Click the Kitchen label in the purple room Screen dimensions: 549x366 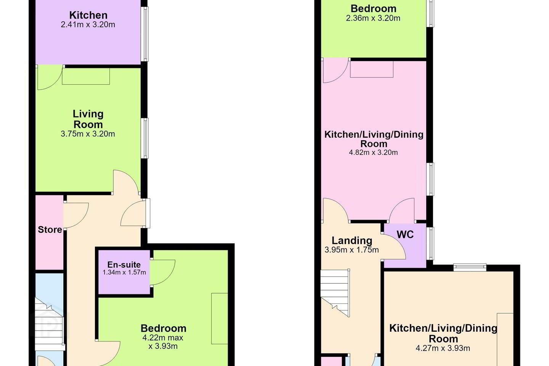[88, 15]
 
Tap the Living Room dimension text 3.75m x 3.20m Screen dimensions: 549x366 [88, 134]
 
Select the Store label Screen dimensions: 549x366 [50, 230]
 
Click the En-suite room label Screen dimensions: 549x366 [124, 265]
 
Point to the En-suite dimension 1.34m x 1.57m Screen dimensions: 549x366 [124, 272]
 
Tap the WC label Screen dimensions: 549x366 [405, 234]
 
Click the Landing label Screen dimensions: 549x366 [352, 241]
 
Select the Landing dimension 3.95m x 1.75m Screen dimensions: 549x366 [352, 250]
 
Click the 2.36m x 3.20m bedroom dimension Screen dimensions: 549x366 [373, 18]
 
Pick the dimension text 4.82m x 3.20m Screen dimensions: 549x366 [373, 152]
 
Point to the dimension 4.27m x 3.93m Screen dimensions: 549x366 [443, 348]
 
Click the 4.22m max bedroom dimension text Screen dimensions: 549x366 [163, 338]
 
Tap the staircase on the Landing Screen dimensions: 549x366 [335, 293]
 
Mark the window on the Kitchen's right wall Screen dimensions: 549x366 [146, 34]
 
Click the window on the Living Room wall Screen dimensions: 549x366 [146, 138]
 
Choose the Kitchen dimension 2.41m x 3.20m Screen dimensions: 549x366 [88, 25]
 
